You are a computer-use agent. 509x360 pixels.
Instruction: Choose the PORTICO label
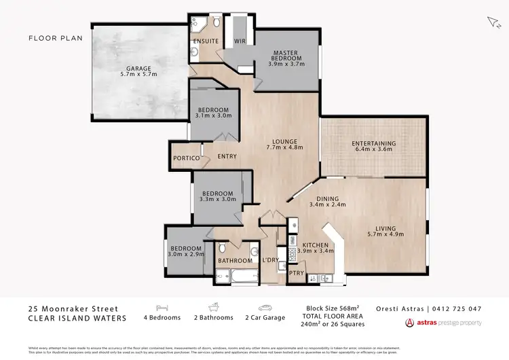click(x=187, y=158)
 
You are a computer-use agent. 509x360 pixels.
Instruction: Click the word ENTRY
click(x=227, y=157)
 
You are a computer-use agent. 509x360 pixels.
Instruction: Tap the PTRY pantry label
click(x=297, y=273)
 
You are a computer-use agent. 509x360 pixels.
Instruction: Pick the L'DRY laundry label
click(x=271, y=260)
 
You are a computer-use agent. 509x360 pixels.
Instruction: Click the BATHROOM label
click(x=234, y=261)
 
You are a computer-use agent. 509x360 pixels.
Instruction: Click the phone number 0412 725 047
click(x=457, y=308)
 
